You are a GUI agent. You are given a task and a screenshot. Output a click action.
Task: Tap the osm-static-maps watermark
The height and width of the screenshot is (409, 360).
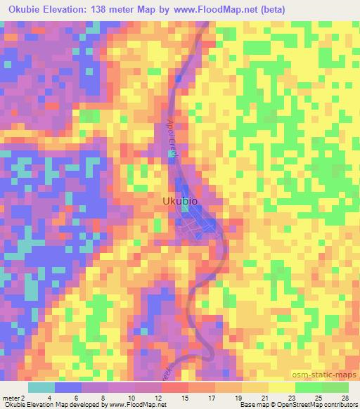pos(327,377)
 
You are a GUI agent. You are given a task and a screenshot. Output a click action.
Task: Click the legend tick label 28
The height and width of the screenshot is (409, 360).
pos(345,397)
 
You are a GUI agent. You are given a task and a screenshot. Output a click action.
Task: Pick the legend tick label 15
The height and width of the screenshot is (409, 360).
pos(185,397)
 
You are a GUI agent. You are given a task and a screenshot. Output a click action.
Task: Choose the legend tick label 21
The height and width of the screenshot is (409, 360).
pos(265,397)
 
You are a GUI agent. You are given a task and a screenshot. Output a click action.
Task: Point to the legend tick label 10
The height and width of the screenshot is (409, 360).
pos(131,397)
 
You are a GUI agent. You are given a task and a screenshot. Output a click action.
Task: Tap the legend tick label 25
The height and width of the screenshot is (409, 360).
pos(318,397)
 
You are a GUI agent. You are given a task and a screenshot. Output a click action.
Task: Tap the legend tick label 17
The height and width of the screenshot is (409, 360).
pos(212,397)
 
